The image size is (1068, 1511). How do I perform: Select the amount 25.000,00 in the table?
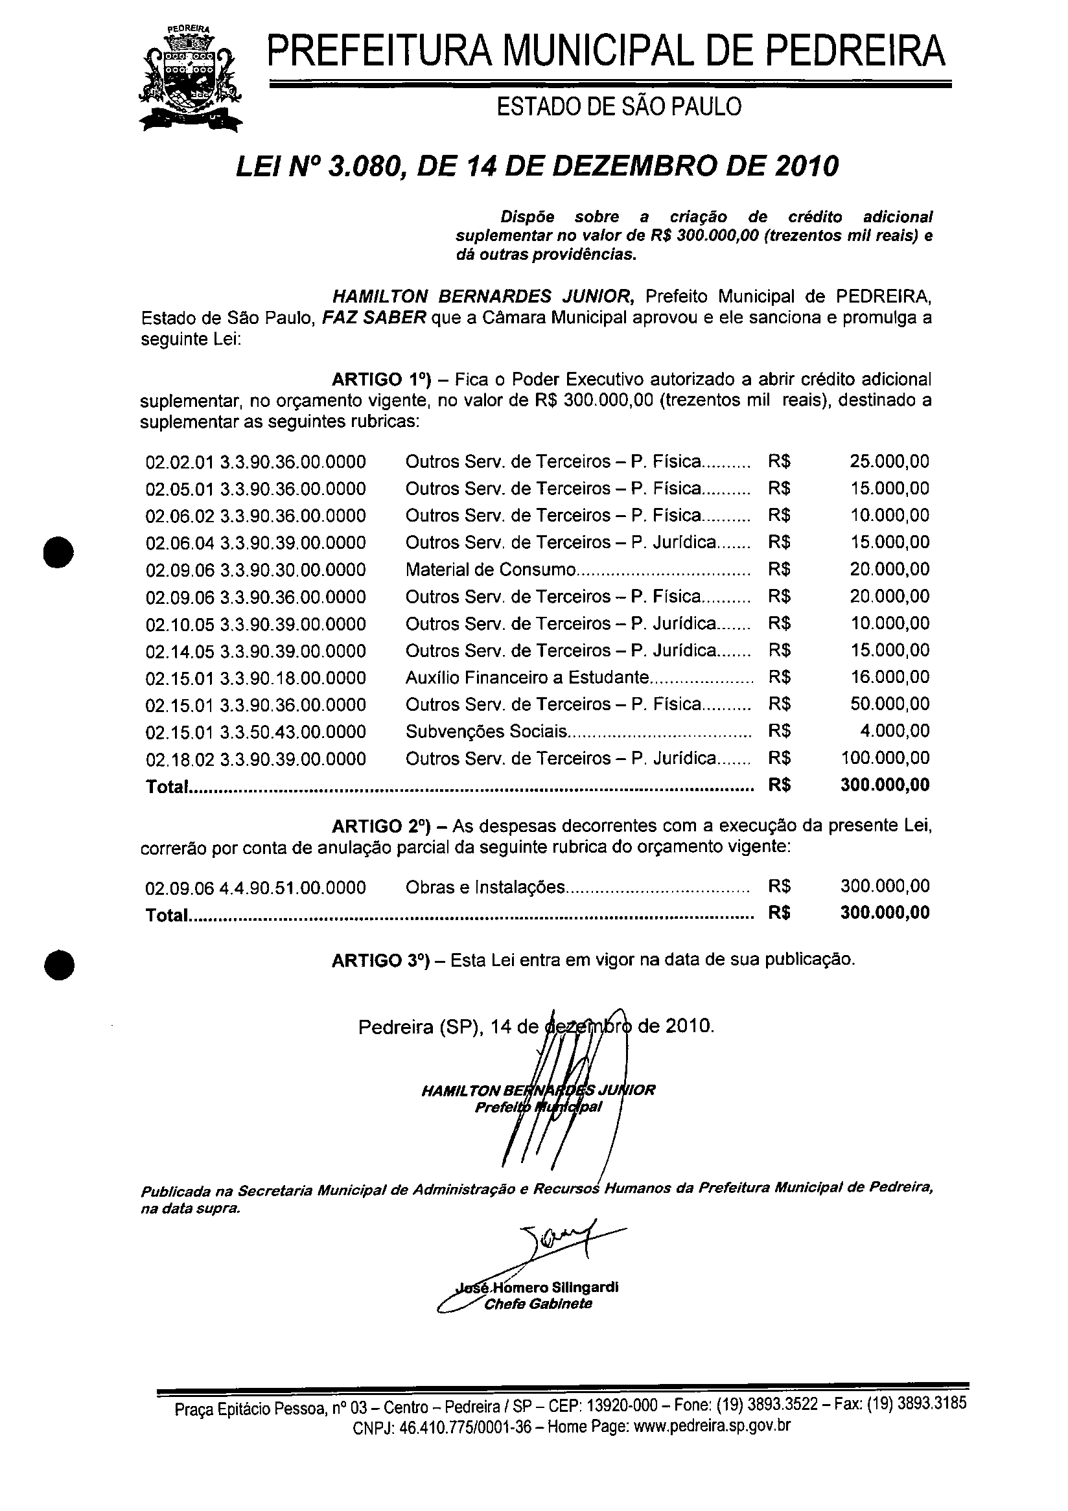889,461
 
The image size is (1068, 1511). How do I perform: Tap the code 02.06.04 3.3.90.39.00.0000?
255,543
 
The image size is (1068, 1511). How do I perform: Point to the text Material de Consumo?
490,570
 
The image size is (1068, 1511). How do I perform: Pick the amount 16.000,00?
889,677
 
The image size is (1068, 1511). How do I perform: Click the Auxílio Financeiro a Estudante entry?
527,677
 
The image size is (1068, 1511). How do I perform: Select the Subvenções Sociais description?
486,731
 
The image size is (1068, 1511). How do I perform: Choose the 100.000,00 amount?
885,758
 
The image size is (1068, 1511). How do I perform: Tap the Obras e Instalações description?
485,887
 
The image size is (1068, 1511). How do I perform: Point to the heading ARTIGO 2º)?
380,826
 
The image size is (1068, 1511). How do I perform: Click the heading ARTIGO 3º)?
380,960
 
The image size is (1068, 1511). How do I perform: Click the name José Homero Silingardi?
537,1287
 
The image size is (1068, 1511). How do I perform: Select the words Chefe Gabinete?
538,1304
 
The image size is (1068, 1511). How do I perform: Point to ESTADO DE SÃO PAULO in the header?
618,107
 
